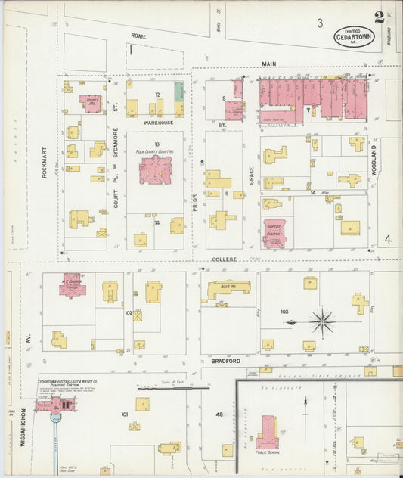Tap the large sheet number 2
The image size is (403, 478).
tap(378, 17)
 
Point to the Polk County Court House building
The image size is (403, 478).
tap(156, 169)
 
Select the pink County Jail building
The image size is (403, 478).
tap(92, 104)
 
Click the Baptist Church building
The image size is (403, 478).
tap(274, 233)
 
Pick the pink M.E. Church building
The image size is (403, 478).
tap(73, 285)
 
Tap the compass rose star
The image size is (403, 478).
tap(323, 321)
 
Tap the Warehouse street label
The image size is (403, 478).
tap(158, 123)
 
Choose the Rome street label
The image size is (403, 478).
tap(138, 36)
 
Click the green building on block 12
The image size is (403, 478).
tap(179, 92)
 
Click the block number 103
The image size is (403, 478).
tap(284, 311)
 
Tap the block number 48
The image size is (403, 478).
tap(219, 414)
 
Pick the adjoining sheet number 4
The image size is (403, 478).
tap(387, 240)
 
